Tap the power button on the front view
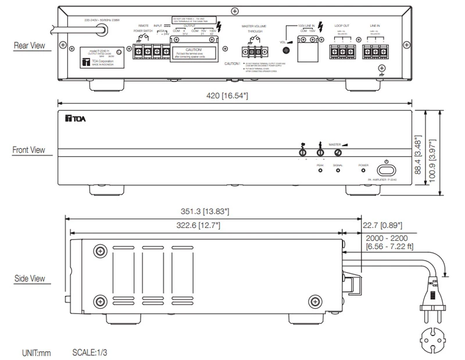point(387,170)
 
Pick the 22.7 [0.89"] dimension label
point(382,224)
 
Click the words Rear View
point(30,44)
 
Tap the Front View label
point(28,149)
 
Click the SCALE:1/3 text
point(90,352)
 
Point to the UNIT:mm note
point(37,352)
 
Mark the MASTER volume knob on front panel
point(338,153)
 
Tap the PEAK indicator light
point(319,173)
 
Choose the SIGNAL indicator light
point(338,173)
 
